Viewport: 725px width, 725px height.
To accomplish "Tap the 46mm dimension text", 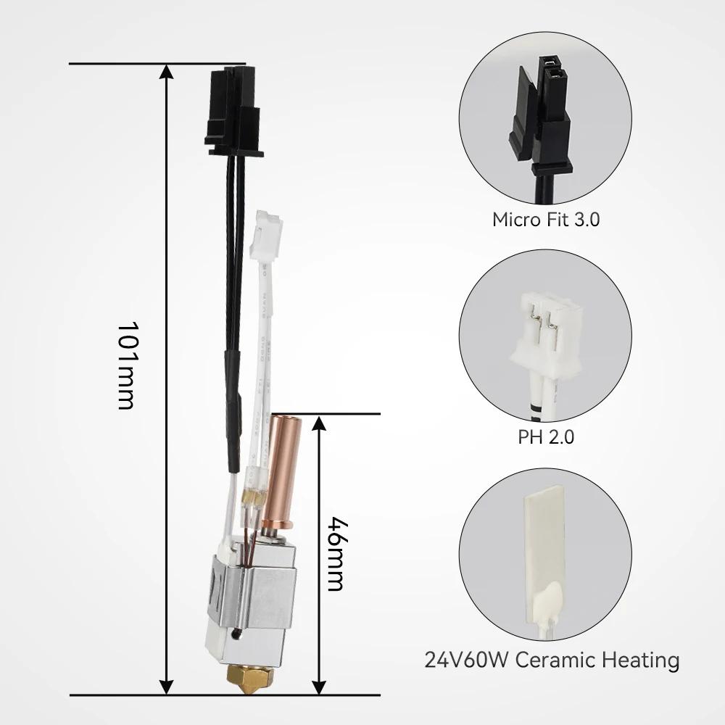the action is (x=336, y=554).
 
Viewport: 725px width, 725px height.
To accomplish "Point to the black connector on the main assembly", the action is (x=234, y=110).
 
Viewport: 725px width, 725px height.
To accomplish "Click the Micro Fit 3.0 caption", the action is (x=546, y=219).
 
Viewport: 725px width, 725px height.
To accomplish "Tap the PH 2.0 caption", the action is (x=546, y=436).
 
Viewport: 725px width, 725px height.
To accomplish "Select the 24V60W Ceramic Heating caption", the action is (x=552, y=659).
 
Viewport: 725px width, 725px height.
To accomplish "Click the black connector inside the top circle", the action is (x=541, y=115).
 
